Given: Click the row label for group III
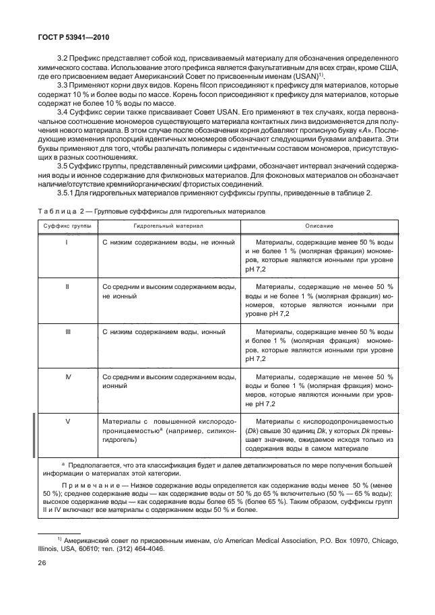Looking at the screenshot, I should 67,332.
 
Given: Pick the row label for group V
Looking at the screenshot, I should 67,421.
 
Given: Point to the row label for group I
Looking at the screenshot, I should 67,240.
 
